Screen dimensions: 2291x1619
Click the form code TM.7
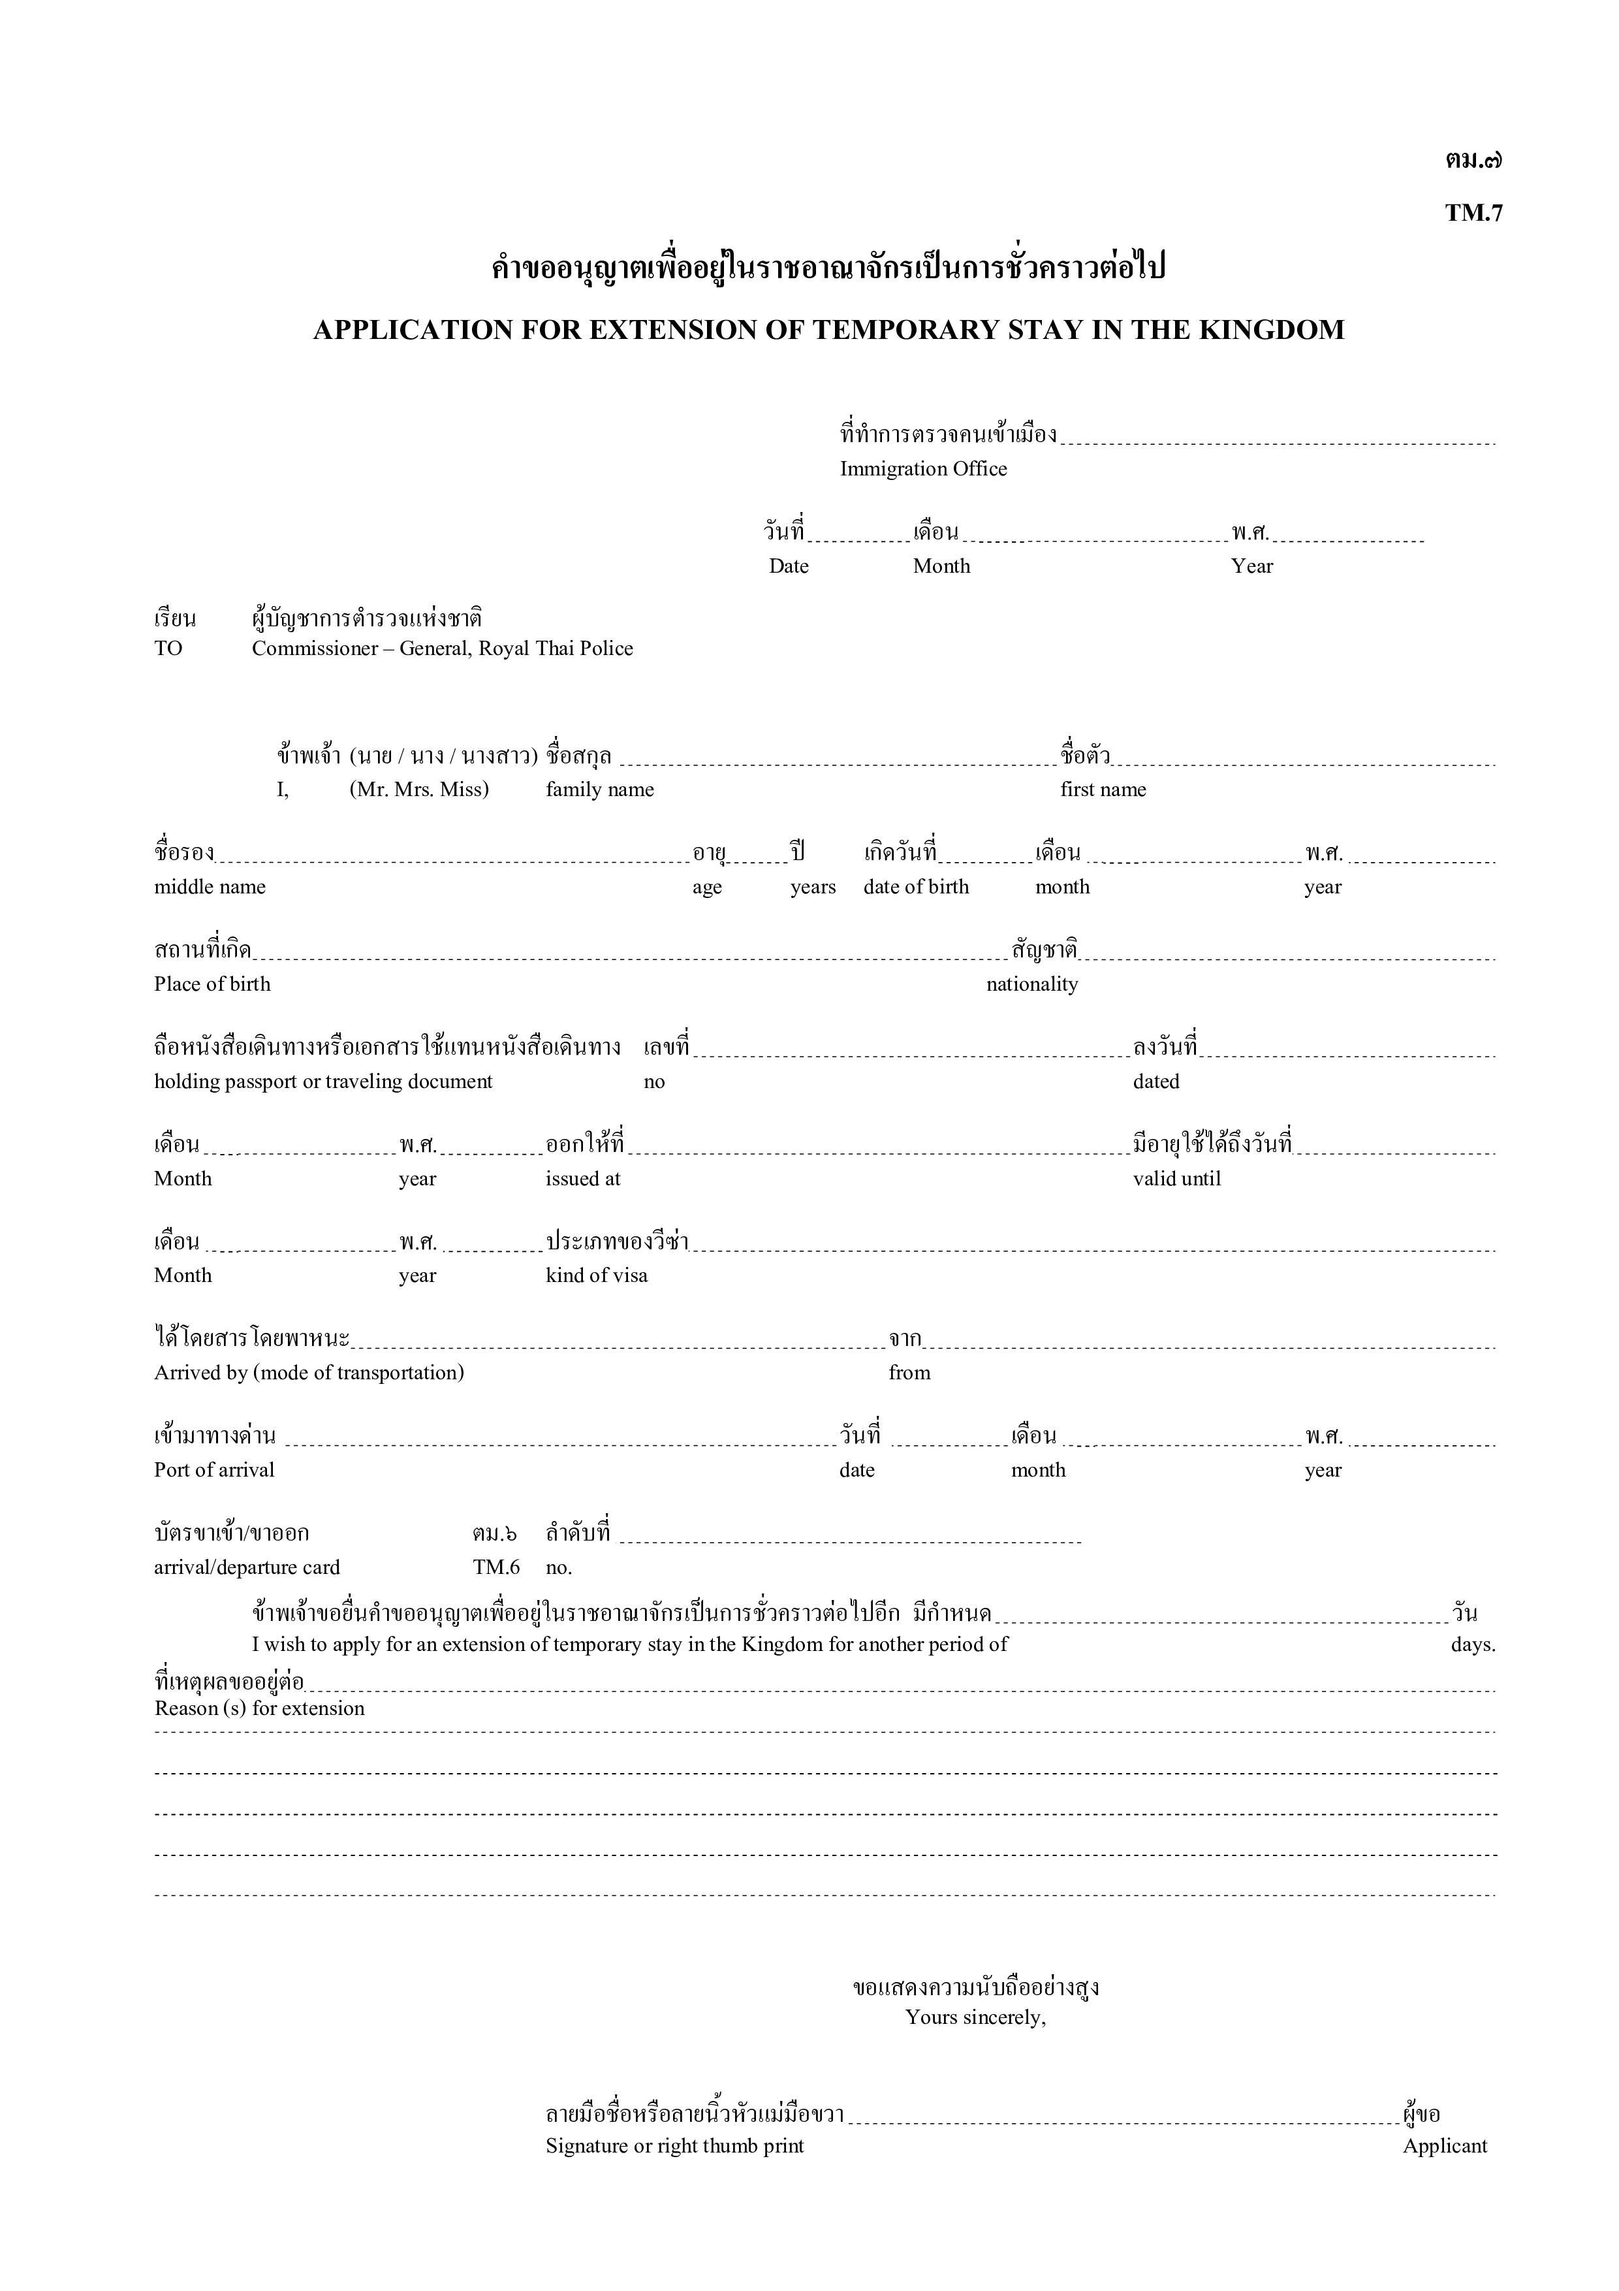point(1473,214)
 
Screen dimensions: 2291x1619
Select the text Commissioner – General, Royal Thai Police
point(442,649)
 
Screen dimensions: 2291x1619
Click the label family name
point(599,790)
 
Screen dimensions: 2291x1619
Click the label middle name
point(210,887)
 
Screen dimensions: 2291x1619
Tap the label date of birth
point(916,887)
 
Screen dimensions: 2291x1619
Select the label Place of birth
point(212,984)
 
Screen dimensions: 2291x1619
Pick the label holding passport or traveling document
point(323,1081)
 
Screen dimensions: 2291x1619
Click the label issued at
point(582,1178)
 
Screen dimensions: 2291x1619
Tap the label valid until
point(1176,1178)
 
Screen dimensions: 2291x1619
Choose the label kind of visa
point(597,1275)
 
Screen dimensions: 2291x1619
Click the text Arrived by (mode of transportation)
point(309,1373)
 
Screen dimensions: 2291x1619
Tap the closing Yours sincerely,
point(975,2017)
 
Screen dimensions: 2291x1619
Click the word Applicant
point(1445,2146)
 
